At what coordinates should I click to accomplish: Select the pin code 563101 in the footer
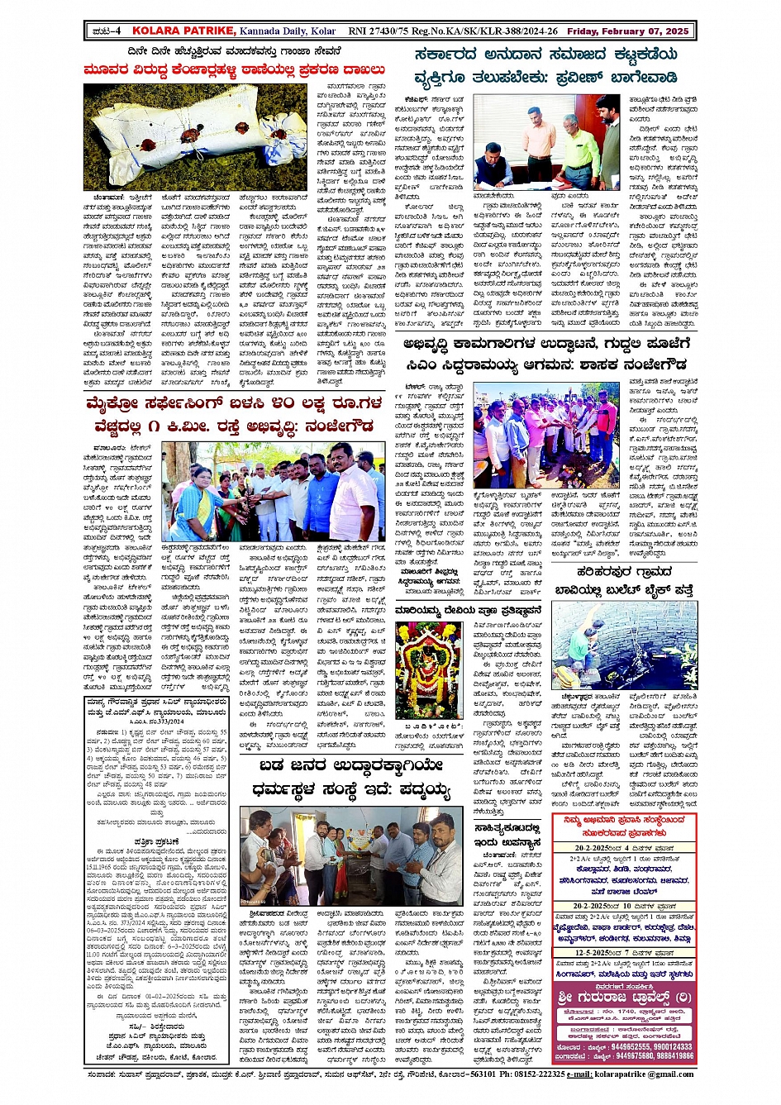[481, 1074]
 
